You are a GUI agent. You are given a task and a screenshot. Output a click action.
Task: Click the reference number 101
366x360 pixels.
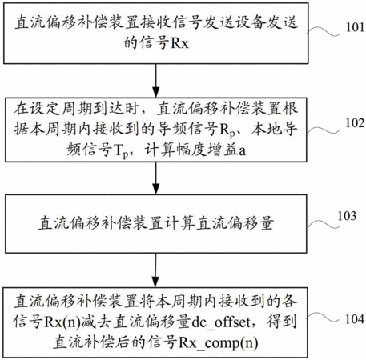pyautogui.click(x=355, y=27)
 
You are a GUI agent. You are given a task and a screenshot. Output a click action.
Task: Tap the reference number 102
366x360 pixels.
pyautogui.click(x=355, y=123)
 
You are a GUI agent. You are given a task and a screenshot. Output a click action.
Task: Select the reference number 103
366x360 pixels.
pyautogui.click(x=347, y=215)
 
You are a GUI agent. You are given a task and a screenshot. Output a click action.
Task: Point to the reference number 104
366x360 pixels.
pyautogui.click(x=355, y=319)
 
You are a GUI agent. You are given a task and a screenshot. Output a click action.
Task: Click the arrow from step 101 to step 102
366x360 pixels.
pyautogui.click(x=155, y=81)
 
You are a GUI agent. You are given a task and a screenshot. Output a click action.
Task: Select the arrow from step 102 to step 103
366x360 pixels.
pyautogui.click(x=155, y=178)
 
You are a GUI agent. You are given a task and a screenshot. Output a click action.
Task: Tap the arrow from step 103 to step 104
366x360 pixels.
pyautogui.click(x=155, y=270)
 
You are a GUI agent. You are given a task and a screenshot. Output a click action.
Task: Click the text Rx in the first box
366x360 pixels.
pyautogui.click(x=179, y=43)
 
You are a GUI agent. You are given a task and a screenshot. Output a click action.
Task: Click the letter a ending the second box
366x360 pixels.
pyautogui.click(x=242, y=151)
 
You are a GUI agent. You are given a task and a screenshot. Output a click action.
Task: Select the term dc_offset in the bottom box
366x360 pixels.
pyautogui.click(x=221, y=322)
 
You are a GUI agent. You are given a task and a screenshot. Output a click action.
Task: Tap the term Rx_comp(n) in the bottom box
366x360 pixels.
pyautogui.click(x=219, y=342)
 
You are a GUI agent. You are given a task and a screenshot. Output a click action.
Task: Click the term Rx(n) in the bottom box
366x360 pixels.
pyautogui.click(x=62, y=322)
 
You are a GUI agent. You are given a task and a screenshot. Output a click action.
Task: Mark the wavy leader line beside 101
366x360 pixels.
pyautogui.click(x=324, y=31)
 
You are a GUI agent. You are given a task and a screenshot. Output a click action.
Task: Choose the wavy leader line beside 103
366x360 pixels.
pyautogui.click(x=324, y=224)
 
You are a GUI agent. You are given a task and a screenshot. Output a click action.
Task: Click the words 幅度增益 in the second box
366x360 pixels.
pyautogui.click(x=207, y=150)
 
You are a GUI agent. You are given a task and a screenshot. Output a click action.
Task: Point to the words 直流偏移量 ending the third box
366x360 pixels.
pyautogui.click(x=235, y=223)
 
